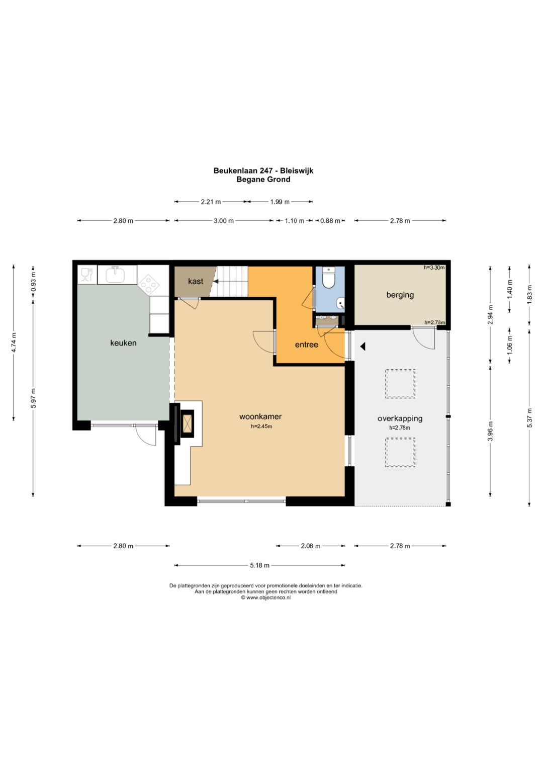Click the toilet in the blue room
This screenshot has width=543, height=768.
click(328, 278)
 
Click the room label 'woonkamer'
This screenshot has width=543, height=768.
click(260, 416)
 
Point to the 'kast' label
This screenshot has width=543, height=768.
click(196, 281)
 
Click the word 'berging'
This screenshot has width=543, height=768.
click(400, 295)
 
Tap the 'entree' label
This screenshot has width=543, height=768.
click(307, 345)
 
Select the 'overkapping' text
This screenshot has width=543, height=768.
click(400, 418)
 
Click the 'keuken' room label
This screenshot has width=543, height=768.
click(123, 343)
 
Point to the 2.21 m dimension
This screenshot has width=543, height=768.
click(211, 202)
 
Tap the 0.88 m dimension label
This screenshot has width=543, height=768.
click(330, 221)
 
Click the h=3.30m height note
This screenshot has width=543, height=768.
click(434, 268)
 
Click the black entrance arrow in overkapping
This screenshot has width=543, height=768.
click(363, 347)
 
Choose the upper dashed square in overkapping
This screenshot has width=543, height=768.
click(400, 383)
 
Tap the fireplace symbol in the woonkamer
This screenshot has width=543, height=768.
click(188, 424)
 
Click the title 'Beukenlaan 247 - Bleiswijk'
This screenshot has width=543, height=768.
click(263, 170)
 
